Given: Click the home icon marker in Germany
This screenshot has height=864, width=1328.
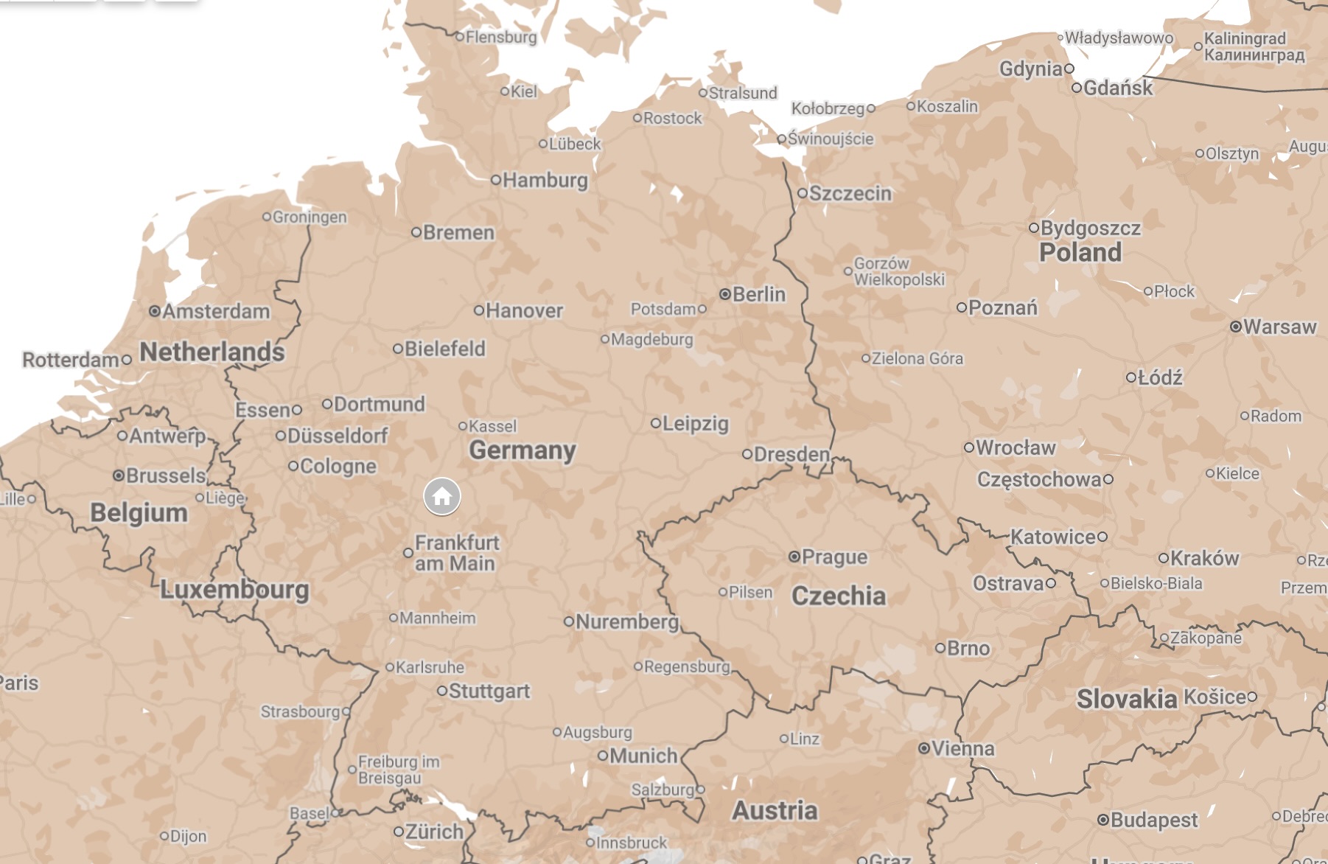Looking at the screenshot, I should point(442,496).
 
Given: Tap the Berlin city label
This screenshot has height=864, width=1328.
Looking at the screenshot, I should point(758,294).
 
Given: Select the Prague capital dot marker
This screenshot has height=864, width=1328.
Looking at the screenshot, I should point(794,557).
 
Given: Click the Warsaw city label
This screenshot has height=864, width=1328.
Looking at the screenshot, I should point(1279,327).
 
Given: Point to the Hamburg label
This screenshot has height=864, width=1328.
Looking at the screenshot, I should point(545,180).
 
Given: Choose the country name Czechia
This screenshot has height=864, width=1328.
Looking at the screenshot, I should point(839,596).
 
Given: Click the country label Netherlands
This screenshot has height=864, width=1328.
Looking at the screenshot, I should point(212,352).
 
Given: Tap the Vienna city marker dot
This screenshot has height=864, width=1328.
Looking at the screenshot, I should point(923,748).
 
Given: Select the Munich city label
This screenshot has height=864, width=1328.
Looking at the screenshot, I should point(643,756).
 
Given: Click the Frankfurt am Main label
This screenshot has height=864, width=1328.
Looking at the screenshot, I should point(456,553).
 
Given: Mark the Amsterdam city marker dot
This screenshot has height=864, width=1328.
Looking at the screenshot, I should point(155,311).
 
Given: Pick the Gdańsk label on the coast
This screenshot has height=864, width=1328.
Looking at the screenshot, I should point(1118,88).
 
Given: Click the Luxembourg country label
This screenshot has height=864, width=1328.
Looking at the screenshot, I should point(234,589).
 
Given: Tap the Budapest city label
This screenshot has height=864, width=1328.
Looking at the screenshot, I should point(1154,820).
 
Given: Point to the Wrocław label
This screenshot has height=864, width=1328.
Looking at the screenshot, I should point(1016,447).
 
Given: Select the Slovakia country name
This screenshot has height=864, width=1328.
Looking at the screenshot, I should point(1127,699).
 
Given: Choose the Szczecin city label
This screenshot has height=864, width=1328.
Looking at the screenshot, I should point(850,193).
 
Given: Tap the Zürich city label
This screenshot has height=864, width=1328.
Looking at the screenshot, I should point(435,832).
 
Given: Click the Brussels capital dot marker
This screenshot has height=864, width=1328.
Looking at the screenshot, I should point(118,475).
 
